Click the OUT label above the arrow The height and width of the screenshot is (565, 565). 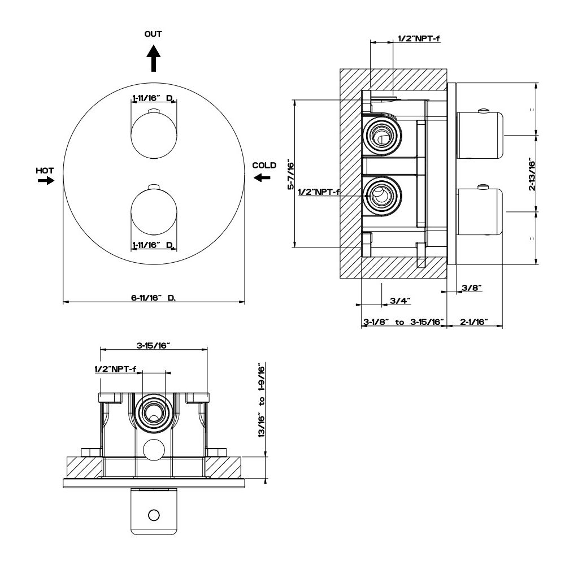[x=153, y=34]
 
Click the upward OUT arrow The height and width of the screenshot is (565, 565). [x=154, y=58]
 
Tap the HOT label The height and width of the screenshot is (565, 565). [x=45, y=171]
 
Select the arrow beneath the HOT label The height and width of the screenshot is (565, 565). [x=46, y=180]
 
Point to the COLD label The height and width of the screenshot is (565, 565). [x=264, y=166]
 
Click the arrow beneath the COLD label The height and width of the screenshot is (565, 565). [x=262, y=177]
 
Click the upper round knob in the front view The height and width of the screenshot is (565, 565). [x=154, y=135]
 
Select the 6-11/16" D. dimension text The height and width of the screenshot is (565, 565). [x=154, y=298]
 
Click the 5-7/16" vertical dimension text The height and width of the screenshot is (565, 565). [x=291, y=176]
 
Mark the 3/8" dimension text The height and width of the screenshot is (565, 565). [x=472, y=288]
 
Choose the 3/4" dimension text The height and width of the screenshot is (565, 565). [x=400, y=300]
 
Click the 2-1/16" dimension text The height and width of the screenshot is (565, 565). [x=474, y=321]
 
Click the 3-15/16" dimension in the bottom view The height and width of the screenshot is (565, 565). [x=153, y=345]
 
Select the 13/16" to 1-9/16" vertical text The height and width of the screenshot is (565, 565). [x=262, y=400]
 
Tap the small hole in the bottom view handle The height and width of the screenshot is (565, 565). [x=154, y=515]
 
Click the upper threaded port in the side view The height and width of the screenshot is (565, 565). [x=381, y=136]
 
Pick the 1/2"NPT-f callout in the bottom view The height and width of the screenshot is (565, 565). [x=115, y=369]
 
